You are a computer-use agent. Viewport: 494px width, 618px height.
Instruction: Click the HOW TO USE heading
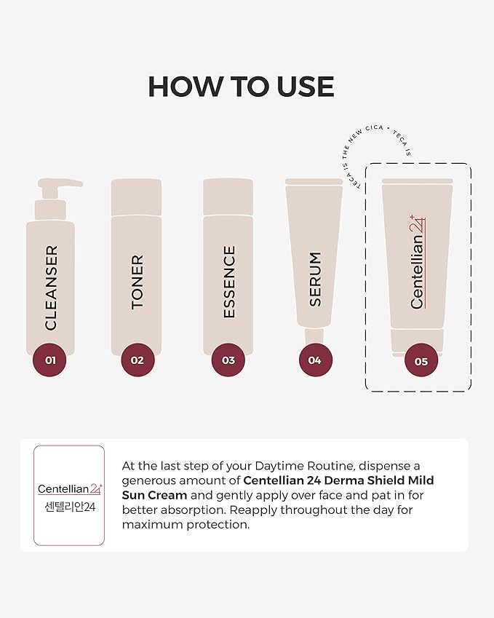click(241, 87)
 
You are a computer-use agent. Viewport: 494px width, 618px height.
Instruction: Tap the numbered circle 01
click(50, 360)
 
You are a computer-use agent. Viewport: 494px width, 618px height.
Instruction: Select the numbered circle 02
click(138, 360)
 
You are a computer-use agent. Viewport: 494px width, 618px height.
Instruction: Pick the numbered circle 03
click(228, 360)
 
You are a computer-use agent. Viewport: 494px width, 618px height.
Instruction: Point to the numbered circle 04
click(315, 360)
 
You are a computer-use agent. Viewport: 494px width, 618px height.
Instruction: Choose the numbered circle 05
click(421, 361)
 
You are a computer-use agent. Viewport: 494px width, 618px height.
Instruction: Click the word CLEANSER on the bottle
click(51, 288)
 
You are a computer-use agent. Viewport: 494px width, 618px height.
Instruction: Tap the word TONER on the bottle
click(137, 282)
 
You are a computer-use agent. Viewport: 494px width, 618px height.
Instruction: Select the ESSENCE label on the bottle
click(229, 282)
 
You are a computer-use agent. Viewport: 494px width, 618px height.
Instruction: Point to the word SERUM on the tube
click(315, 279)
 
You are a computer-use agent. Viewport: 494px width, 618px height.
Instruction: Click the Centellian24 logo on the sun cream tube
click(418, 262)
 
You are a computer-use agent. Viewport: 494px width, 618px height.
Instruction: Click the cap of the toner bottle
click(136, 197)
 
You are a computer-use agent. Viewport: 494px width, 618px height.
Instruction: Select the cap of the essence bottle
click(228, 197)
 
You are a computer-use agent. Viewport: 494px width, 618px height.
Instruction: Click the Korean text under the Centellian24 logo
click(70, 507)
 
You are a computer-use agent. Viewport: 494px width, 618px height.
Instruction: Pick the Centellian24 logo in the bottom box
click(70, 488)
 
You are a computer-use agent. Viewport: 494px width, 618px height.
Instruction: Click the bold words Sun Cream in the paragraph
click(154, 495)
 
